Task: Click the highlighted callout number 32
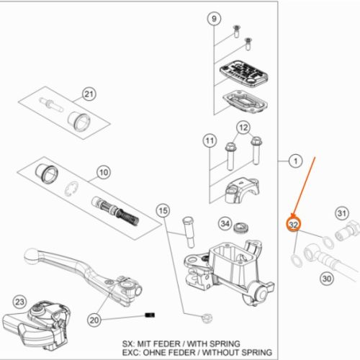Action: coord(293,225)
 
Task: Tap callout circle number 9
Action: coord(214,19)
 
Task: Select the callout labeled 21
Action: coord(89,94)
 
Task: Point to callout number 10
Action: coord(104,172)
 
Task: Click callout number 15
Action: coord(163,211)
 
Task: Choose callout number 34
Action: coord(225,224)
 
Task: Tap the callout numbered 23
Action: coord(19,302)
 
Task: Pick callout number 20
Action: coord(94,320)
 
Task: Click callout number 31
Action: coord(342,213)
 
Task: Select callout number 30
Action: coord(327,279)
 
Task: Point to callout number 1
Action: coord(296,161)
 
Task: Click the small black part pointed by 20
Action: coord(150,315)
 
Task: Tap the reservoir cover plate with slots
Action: coord(243,74)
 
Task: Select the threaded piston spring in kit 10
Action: coord(116,210)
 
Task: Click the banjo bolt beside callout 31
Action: coord(347,230)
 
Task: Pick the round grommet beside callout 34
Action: coord(241,228)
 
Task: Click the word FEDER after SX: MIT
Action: coord(167,343)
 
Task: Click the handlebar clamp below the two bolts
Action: coord(242,190)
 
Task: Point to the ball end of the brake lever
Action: coord(31,255)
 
